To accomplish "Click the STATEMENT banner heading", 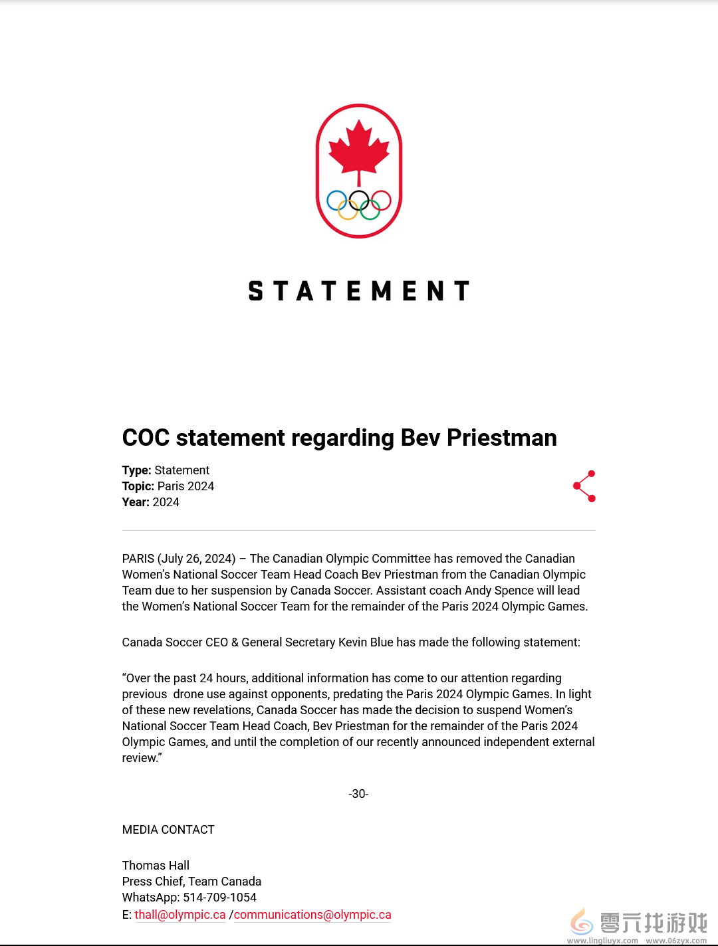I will click(359, 291).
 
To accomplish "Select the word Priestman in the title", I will click(501, 438).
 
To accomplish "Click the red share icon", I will click(584, 486).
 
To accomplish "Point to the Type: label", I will click(137, 470).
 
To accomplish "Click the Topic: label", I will click(138, 486).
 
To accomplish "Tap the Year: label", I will click(136, 502).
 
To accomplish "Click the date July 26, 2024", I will click(197, 559).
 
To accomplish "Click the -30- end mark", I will click(358, 794).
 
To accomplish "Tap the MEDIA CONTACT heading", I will click(168, 830).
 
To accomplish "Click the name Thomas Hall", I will click(156, 866).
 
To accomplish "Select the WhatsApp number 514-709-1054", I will click(219, 898).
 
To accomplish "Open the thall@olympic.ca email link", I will click(180, 915).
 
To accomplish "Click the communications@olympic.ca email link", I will click(312, 915).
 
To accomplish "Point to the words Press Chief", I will click(152, 882).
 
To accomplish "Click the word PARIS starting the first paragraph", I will click(138, 559).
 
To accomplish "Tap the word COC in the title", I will click(146, 438).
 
